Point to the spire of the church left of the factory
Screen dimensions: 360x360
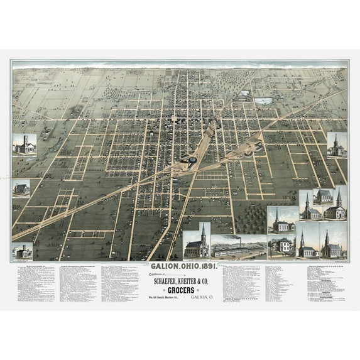click(x=202, y=229)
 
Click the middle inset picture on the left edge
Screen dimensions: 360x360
click(x=21, y=188)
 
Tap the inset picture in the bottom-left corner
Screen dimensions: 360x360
click(x=23, y=251)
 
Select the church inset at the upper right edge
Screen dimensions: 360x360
click(x=336, y=146)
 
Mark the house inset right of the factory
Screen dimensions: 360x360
click(x=281, y=246)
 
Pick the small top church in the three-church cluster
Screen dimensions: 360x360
click(x=323, y=196)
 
